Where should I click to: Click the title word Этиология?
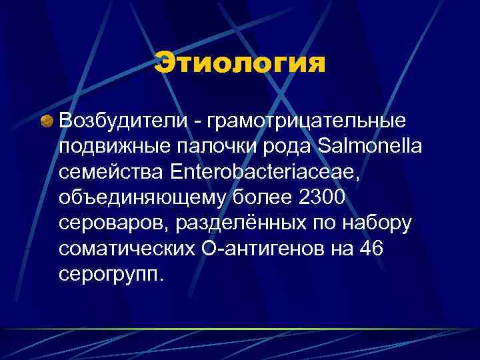click(240, 65)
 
